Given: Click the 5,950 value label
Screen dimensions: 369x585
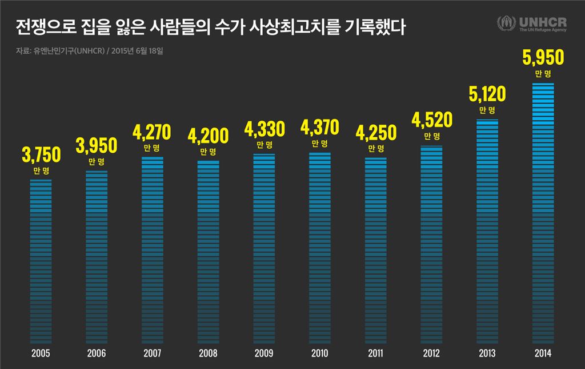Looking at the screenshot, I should (x=543, y=58).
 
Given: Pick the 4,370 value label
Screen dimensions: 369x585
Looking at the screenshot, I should (x=319, y=127).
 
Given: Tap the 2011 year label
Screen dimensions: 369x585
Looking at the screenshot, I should (x=375, y=354).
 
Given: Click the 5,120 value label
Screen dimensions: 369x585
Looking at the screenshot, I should (x=487, y=93).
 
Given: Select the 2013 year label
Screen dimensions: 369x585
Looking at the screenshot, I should (x=487, y=354).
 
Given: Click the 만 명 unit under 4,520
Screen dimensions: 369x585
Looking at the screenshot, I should (x=431, y=136).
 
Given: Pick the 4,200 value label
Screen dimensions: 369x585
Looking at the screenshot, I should (x=208, y=136).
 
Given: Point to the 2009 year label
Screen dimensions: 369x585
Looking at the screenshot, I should (x=263, y=354).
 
